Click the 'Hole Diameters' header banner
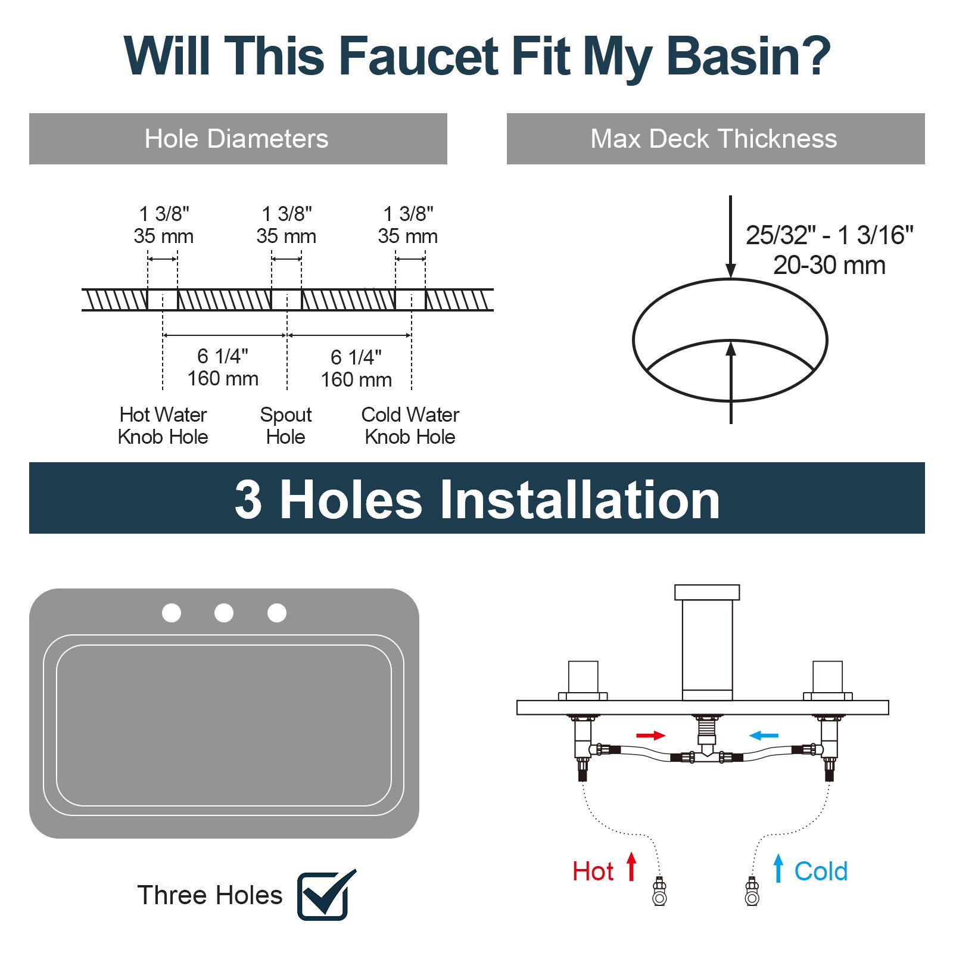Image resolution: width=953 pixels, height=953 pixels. [x=237, y=139]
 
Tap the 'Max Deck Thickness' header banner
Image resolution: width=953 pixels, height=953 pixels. [x=714, y=139]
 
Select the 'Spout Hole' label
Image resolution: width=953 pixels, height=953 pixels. [x=286, y=425]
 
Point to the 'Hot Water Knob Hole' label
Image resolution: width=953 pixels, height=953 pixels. [x=163, y=425]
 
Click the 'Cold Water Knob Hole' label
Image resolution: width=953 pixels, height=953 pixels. [x=410, y=425]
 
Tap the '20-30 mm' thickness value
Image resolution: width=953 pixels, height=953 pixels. [x=829, y=265]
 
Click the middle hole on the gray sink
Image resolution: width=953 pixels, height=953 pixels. [x=224, y=613]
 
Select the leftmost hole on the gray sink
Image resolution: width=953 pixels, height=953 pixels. [x=172, y=613]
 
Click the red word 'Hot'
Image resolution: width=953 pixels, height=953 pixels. [x=593, y=871]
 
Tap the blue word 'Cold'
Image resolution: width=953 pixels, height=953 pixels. [x=820, y=871]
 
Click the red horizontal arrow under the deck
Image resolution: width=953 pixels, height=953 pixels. [x=650, y=736]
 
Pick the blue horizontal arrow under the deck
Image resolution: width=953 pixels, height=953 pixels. [x=764, y=736]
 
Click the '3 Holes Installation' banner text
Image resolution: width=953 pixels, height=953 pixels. [x=477, y=499]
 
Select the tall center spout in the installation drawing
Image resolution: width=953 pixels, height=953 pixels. [x=707, y=646]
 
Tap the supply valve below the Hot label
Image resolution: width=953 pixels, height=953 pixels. [x=659, y=892]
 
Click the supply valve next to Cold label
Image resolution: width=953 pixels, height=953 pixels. [x=752, y=892]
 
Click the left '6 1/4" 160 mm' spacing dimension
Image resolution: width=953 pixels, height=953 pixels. [x=223, y=367]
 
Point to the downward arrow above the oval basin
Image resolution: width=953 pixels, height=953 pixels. [x=731, y=238]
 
